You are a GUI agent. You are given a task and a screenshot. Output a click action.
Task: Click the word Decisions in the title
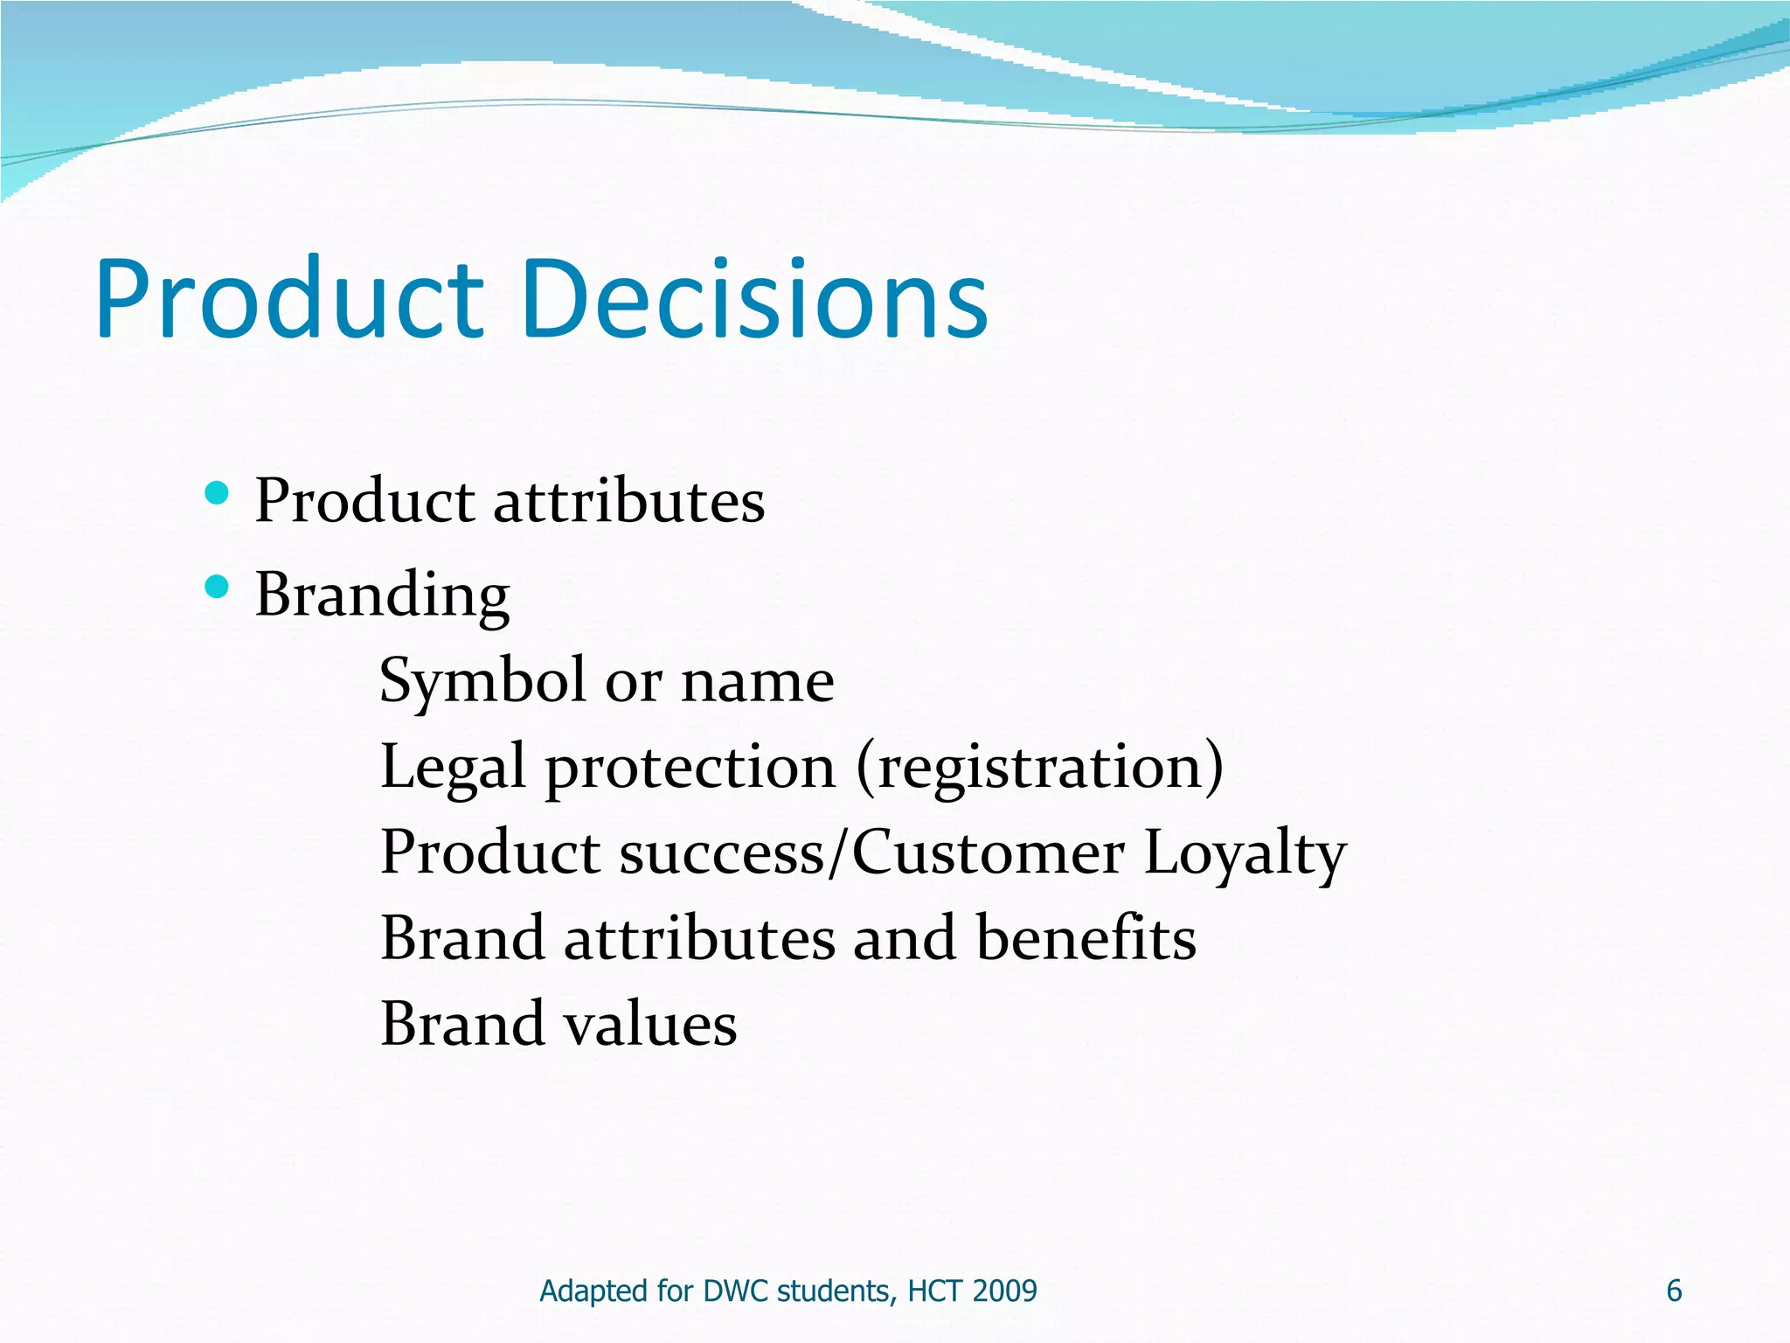point(756,299)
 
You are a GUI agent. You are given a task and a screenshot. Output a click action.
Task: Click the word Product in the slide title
point(288,299)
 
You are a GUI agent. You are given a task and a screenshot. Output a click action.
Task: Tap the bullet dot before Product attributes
point(216,494)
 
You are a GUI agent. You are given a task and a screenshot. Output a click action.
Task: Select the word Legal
point(453,768)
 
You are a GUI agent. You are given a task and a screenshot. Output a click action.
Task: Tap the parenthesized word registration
point(1040,768)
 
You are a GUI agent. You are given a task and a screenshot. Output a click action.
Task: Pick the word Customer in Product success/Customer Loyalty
point(988,852)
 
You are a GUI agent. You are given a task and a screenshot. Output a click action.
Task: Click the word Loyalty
point(1245,854)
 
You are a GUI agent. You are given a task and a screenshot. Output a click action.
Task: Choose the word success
point(721,854)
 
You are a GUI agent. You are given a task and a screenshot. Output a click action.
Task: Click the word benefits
point(1086,938)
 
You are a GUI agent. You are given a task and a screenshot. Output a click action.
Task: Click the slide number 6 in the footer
point(1674,1291)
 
